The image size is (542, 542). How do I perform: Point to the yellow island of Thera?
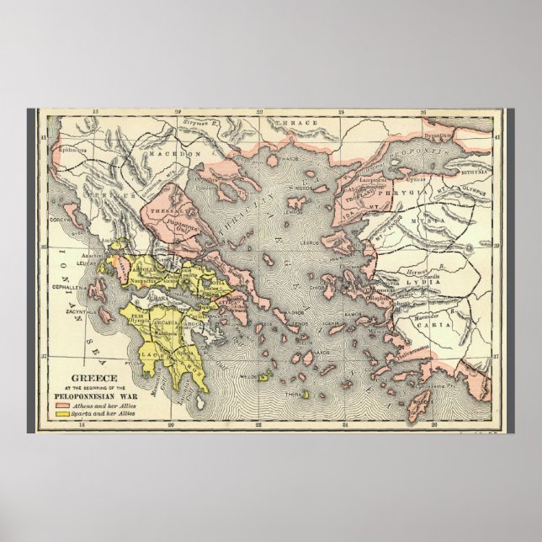305,394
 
